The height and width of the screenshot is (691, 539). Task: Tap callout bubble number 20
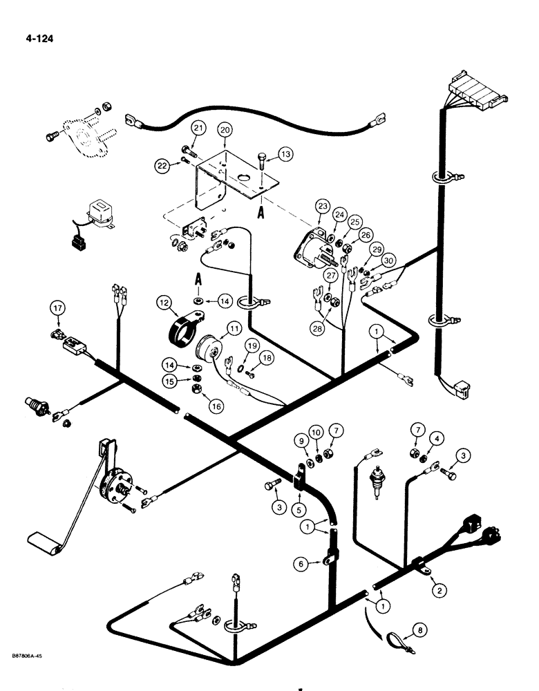tap(224, 130)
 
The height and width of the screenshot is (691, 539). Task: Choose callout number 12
tap(165, 302)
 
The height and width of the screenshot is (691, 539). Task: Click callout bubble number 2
tap(437, 590)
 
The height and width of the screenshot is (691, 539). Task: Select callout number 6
tap(300, 564)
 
